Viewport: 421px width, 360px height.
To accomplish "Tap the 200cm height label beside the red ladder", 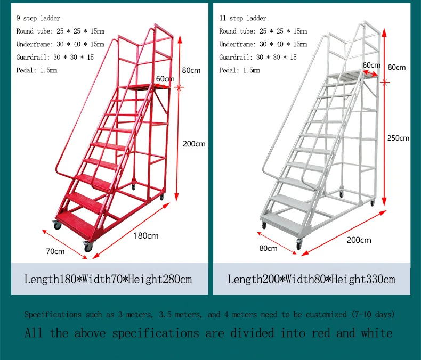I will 194,144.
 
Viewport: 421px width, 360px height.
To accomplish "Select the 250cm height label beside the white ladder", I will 399,138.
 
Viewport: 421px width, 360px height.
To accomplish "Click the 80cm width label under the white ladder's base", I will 268,248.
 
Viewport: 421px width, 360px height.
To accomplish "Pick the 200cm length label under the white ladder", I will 358,240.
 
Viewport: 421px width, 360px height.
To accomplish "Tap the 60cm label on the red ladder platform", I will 165,79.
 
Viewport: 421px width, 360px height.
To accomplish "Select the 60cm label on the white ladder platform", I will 371,65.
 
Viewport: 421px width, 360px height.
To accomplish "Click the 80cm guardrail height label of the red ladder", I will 191,70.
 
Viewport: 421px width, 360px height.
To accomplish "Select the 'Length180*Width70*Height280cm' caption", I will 108,280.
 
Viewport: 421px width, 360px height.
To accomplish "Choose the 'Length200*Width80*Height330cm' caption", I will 311,280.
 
